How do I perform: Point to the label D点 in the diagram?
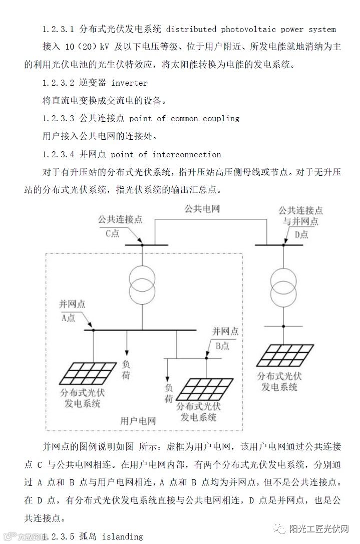pos(301,234)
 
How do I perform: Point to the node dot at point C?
pos(142,244)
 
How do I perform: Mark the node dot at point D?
pos(284,244)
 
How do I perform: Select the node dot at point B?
pos(206,358)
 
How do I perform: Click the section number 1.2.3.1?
pos(59,30)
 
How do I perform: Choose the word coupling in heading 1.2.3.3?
pos(221,119)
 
